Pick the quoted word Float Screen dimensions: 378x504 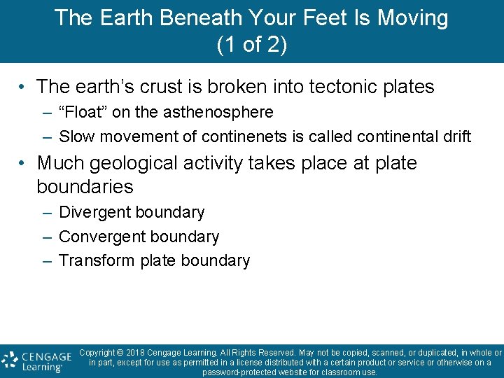pyautogui.click(x=85, y=112)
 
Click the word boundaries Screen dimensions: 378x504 pyautogui.click(x=85, y=187)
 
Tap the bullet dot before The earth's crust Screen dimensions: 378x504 pyautogui.click(x=23, y=87)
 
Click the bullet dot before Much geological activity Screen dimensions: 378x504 pyautogui.click(x=23, y=164)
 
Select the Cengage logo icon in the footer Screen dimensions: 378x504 pyautogui.click(x=10, y=360)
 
